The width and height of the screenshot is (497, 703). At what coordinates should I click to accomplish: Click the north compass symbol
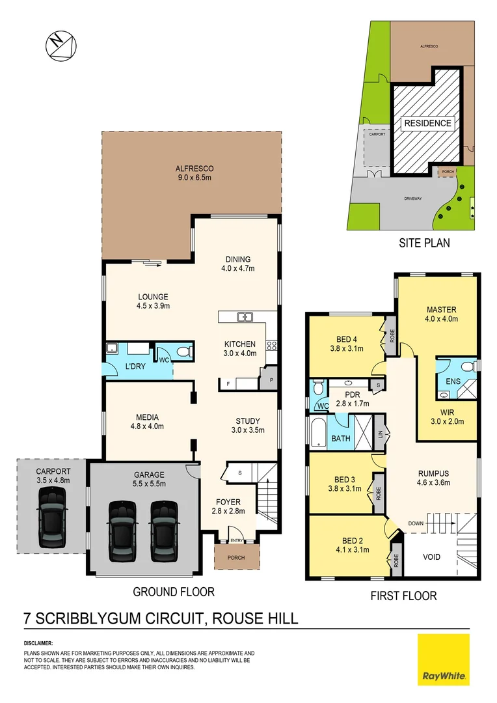[60, 47]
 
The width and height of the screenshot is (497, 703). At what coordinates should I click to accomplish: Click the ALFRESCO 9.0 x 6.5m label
[191, 172]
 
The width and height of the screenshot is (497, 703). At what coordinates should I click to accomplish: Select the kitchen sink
[245, 317]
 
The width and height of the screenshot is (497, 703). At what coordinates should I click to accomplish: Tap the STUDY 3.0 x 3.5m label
[247, 424]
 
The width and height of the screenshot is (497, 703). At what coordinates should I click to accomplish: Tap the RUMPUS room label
[434, 478]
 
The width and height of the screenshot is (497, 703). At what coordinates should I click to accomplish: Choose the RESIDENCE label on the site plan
[427, 123]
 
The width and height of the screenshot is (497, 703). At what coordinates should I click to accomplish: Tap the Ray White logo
[443, 661]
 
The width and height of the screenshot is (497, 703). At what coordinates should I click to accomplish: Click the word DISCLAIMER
[38, 642]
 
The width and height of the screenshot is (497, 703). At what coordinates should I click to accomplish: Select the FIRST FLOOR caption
[403, 595]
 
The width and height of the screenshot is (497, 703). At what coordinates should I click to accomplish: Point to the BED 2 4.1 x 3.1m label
[356, 544]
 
